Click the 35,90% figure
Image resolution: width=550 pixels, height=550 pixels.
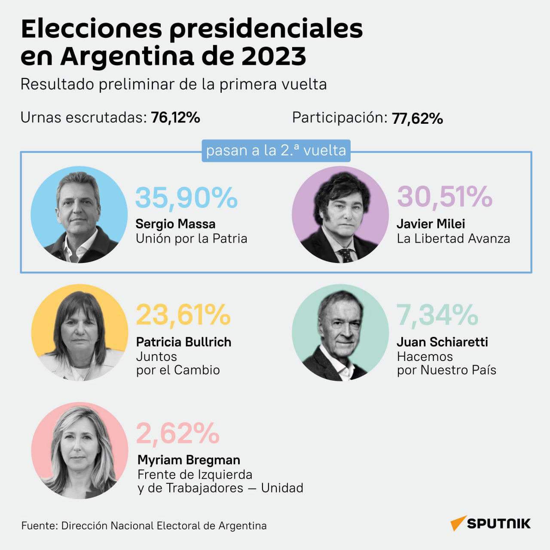(186, 198)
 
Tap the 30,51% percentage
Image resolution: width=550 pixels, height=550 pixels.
(445, 197)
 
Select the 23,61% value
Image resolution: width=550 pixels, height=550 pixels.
(183, 315)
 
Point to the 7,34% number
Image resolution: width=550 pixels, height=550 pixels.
(437, 315)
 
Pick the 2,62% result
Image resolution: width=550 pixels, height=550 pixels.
(178, 433)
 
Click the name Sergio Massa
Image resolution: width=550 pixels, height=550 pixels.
(175, 224)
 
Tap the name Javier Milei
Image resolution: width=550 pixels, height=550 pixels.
(431, 224)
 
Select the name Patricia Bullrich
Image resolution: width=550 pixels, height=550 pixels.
(183, 342)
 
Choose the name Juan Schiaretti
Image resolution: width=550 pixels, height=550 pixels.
(442, 342)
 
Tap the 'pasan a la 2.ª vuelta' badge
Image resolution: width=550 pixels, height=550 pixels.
(276, 151)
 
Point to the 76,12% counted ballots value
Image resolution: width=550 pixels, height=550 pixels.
(176, 117)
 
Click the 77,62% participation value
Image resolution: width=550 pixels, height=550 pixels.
(417, 119)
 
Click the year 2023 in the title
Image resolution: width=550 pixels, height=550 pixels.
(274, 56)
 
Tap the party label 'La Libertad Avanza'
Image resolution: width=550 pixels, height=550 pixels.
(453, 238)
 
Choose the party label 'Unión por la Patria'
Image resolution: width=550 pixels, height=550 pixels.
(191, 238)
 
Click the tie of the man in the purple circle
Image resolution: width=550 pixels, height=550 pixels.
(346, 255)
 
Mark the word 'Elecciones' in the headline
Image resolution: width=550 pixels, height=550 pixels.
(92, 29)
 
